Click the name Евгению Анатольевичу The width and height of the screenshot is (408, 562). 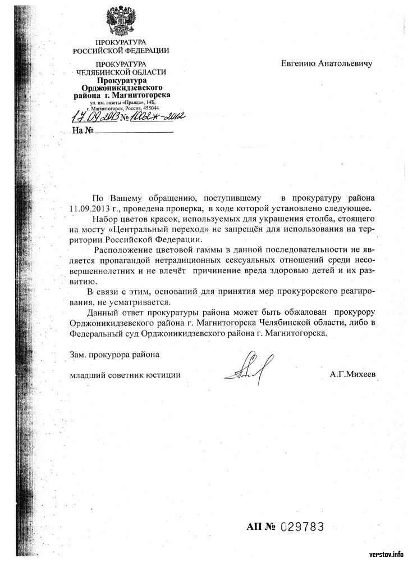point(326,63)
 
